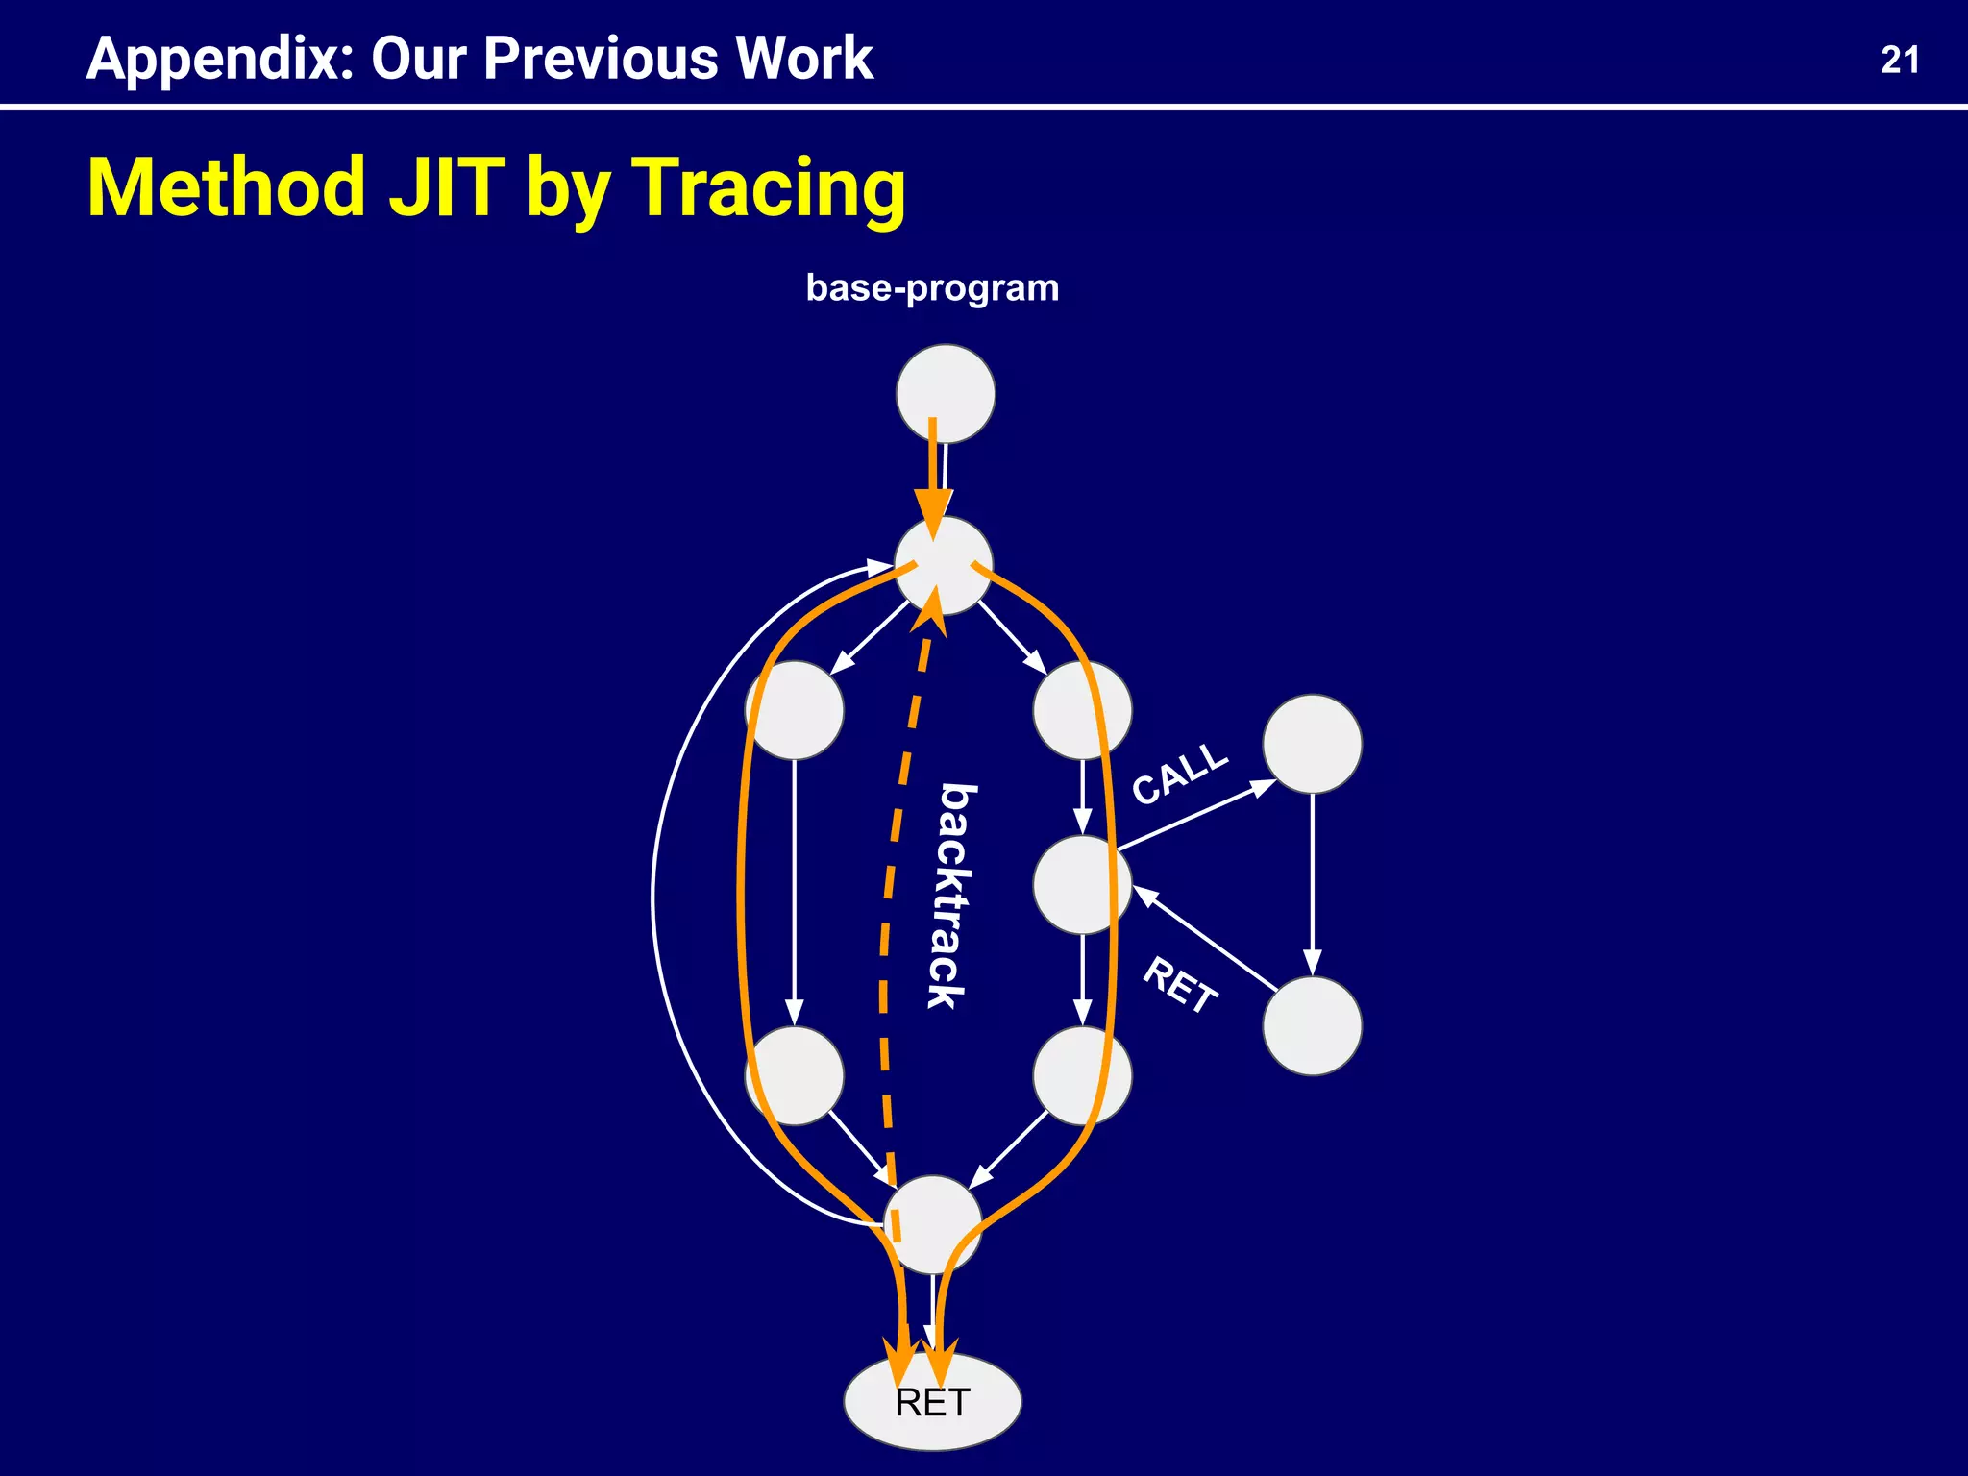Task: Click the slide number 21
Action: click(x=1899, y=60)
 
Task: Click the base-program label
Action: click(x=931, y=288)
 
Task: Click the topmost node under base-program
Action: click(x=946, y=394)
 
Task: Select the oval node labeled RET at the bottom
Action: click(x=932, y=1402)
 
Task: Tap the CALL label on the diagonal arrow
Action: click(x=1179, y=774)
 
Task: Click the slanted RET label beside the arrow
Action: click(x=1180, y=986)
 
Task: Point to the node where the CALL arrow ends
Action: click(x=1312, y=744)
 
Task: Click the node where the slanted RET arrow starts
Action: click(x=1312, y=1026)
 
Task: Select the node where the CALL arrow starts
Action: click(x=1082, y=885)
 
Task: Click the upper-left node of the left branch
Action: click(x=795, y=710)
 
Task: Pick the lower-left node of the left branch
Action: click(x=795, y=1075)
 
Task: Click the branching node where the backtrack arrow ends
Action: click(x=944, y=566)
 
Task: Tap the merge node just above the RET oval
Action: click(x=932, y=1225)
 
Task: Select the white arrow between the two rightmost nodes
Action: click(x=1312, y=884)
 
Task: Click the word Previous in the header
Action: click(x=600, y=60)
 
